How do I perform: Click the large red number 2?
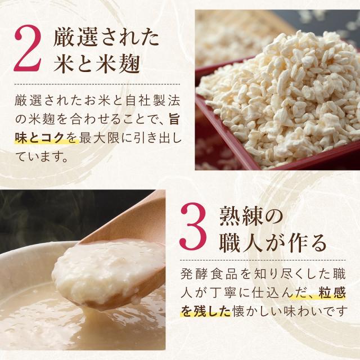pyautogui.click(x=28, y=48)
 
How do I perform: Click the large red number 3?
pyautogui.click(x=194, y=226)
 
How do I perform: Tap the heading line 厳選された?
pyautogui.click(x=106, y=37)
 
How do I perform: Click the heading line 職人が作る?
pyautogui.click(x=273, y=242)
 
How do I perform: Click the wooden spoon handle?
pyautogui.click(x=129, y=220)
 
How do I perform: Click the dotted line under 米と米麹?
pyautogui.click(x=97, y=84)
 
